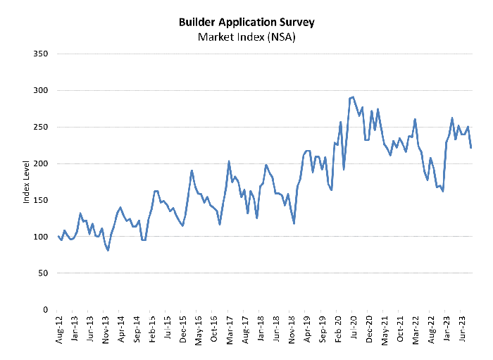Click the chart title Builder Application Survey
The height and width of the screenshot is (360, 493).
246,22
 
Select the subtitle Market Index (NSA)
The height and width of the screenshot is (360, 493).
246,37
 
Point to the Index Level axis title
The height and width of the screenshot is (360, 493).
27,182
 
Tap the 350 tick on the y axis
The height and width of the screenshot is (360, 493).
40,54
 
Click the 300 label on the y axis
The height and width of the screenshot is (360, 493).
40,91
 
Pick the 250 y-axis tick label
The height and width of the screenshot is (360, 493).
40,128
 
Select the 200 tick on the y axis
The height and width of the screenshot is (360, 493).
40,163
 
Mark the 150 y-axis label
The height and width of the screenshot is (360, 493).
40,200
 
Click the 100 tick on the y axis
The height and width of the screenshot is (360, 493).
40,237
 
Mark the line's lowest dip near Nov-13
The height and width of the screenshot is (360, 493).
108,250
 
